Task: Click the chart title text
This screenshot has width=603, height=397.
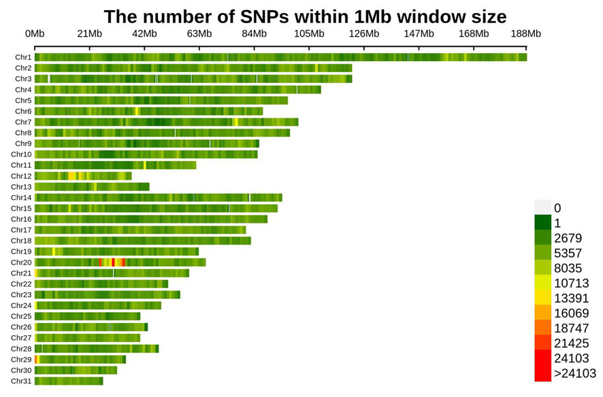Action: click(x=304, y=16)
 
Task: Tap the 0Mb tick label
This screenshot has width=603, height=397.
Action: click(x=35, y=34)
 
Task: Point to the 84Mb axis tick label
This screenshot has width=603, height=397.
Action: click(x=254, y=34)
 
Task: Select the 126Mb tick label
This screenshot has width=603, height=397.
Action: click(x=363, y=34)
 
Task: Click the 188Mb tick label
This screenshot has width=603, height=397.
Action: click(x=525, y=34)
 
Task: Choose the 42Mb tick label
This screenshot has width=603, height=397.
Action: click(x=144, y=34)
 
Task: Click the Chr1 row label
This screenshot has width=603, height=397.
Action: click(x=23, y=58)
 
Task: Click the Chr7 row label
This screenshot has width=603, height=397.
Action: click(x=23, y=122)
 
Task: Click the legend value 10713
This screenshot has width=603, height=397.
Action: click(x=571, y=283)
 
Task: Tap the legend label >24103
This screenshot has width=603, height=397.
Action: click(x=574, y=373)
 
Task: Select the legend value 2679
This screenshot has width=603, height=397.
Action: click(x=567, y=239)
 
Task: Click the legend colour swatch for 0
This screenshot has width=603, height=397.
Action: click(x=542, y=207)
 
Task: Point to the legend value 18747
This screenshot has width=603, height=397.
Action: click(x=571, y=328)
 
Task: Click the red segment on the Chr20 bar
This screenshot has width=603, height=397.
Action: click(x=113, y=262)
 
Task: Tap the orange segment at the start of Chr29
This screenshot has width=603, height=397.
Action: click(x=36, y=360)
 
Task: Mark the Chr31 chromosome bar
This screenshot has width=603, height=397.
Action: click(x=69, y=381)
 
